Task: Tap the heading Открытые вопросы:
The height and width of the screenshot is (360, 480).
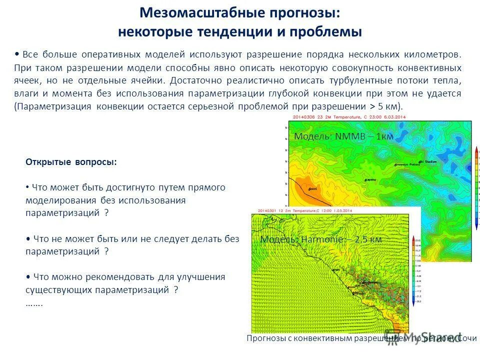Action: click(x=71, y=162)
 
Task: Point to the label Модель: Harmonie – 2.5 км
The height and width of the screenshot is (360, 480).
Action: click(x=321, y=239)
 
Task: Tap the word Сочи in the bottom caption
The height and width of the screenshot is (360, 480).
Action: click(x=467, y=338)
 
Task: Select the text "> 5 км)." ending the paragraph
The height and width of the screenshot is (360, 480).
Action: click(x=386, y=106)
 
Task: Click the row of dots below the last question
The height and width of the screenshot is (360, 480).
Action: click(x=34, y=303)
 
